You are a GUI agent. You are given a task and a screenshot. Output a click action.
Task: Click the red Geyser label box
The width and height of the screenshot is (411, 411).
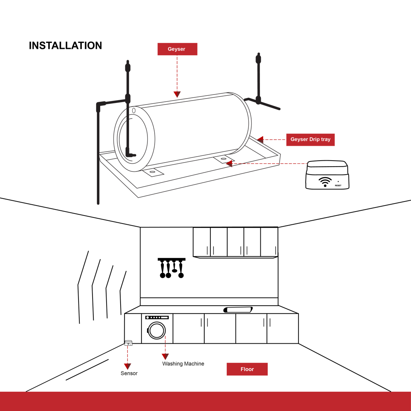(x=177, y=49)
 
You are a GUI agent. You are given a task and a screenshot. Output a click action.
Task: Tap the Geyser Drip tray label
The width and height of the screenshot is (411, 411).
(x=310, y=139)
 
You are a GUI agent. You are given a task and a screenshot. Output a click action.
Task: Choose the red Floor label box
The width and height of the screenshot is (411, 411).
(x=247, y=369)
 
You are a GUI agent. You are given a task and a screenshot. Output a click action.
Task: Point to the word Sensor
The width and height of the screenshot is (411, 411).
(x=129, y=373)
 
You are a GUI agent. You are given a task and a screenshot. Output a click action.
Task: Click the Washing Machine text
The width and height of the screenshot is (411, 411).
(x=183, y=364)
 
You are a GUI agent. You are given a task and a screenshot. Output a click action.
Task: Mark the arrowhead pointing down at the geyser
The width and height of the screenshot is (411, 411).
(x=177, y=95)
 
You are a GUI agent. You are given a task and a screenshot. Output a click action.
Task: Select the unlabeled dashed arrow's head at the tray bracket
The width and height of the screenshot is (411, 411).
(x=229, y=163)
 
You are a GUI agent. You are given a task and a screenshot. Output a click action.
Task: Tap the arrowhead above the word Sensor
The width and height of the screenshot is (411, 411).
(x=127, y=366)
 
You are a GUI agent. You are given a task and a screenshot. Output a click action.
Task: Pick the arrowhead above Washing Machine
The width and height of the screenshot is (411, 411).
(x=165, y=356)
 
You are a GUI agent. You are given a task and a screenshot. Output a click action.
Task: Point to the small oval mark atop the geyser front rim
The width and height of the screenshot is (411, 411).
(x=134, y=111)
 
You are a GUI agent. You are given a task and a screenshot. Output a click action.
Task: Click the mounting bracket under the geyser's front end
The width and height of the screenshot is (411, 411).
(x=152, y=172)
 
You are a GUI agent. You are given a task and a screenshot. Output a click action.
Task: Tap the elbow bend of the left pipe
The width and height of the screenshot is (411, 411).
(x=99, y=105)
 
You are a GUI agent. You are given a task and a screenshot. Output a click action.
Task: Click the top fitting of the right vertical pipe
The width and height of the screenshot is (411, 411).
(x=258, y=59)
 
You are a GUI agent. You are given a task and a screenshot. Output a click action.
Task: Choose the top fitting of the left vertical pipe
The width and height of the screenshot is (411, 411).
(x=128, y=67)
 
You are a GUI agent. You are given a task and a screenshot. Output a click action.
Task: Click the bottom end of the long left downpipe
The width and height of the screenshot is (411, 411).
(x=98, y=202)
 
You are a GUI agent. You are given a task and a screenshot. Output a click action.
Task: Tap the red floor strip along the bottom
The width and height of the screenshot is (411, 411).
(x=205, y=401)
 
